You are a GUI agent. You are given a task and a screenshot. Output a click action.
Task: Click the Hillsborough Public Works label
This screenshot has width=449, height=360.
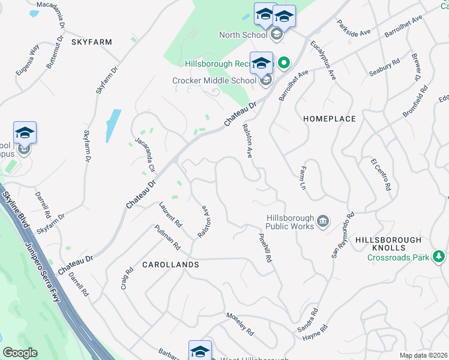[x=290, y=222]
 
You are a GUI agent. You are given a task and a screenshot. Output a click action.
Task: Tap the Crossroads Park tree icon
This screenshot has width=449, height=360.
[x=439, y=257]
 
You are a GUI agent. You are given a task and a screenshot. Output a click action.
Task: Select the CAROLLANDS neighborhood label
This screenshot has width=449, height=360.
[x=170, y=264]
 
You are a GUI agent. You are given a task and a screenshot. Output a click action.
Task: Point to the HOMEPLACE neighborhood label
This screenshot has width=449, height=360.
[x=330, y=119]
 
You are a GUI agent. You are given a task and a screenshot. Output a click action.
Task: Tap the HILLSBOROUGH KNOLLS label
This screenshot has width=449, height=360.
[x=388, y=244]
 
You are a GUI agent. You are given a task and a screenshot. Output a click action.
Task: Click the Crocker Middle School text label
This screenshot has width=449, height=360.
[x=214, y=80]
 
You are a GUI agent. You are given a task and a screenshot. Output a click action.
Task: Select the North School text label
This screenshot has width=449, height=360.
[x=243, y=35]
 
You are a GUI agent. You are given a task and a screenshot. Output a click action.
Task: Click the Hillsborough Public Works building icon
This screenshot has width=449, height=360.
[x=323, y=222]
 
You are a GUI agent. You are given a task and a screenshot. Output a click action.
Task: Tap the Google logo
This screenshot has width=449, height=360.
[x=20, y=353]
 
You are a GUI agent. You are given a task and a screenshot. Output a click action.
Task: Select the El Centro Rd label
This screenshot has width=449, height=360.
[x=380, y=175]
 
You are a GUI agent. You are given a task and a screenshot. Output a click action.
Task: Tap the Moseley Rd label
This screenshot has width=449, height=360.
[x=240, y=323]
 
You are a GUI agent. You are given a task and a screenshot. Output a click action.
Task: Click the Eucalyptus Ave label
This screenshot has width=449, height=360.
[x=323, y=61]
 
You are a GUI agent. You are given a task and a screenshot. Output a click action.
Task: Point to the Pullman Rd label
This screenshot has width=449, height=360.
[x=167, y=237]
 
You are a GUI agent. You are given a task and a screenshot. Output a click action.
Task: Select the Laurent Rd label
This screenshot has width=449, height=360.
[x=170, y=214]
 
